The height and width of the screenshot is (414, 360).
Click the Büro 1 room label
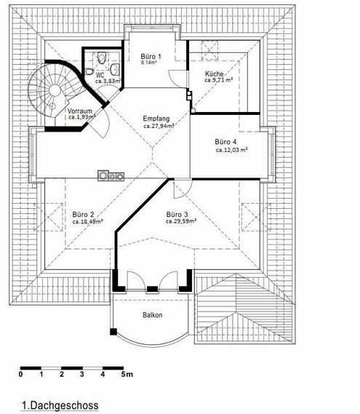[151, 57]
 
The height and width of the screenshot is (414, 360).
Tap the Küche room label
[214, 74]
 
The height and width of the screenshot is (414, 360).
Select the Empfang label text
[156, 119]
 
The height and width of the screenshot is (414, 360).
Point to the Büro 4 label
[225, 142]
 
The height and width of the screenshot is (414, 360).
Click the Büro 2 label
[83, 215]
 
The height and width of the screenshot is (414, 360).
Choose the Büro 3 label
[177, 215]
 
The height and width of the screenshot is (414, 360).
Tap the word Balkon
[152, 315]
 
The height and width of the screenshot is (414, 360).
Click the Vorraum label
[80, 111]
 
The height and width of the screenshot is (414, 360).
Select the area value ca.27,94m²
[159, 126]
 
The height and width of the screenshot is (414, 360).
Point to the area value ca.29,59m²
[181, 221]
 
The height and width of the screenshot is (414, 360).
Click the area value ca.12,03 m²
[231, 150]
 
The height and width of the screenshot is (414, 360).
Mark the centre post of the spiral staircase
[55, 90]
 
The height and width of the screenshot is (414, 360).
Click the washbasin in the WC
[115, 69]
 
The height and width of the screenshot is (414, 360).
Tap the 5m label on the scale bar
[127, 374]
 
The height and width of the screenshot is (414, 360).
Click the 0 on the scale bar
[20, 374]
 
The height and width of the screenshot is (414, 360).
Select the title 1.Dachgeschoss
[60, 405]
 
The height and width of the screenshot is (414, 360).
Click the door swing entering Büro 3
[181, 189]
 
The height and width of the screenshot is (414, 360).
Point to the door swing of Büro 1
[177, 78]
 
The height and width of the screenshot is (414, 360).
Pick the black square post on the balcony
[113, 332]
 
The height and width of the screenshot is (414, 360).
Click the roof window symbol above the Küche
[209, 50]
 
